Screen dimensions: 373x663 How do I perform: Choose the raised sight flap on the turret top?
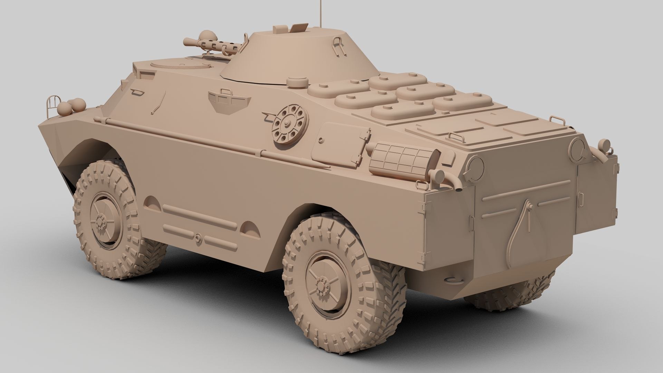point(299,27)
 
